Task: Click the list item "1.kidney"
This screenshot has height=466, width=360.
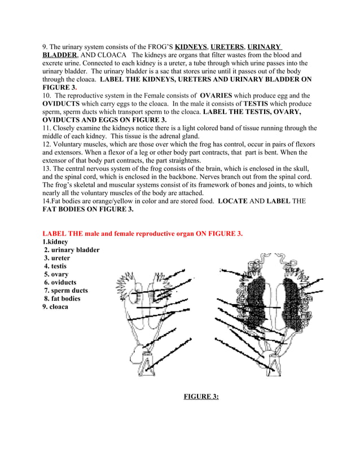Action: (55, 242)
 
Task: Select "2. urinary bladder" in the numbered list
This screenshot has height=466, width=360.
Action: (72, 250)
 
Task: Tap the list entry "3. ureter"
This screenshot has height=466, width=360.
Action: (58, 258)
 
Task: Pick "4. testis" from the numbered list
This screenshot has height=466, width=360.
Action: (55, 266)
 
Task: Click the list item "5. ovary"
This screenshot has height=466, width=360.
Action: (56, 275)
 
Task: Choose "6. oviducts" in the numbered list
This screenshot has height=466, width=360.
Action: (60, 283)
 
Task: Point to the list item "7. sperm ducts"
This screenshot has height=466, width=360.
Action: (66, 291)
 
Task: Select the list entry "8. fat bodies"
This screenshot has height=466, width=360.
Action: (63, 299)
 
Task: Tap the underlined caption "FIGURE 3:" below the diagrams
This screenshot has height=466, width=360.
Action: (201, 397)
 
